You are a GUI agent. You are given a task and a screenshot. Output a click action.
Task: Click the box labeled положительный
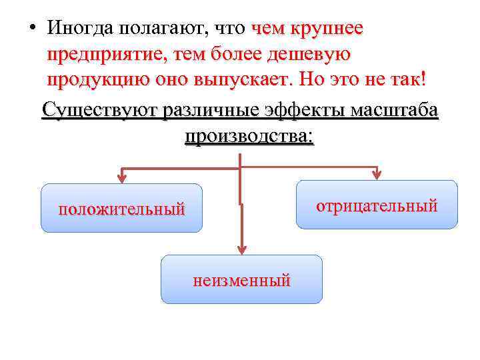[121, 208]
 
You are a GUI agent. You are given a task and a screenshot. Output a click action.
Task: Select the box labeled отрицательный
[377, 205]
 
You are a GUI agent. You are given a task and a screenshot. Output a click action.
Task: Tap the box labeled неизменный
[241, 279]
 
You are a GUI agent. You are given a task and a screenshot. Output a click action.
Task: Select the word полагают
[159, 29]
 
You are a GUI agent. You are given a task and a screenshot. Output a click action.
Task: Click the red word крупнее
[330, 29]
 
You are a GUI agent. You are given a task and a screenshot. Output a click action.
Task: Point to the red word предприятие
[104, 55]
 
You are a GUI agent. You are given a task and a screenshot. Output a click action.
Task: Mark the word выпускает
[246, 79]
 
